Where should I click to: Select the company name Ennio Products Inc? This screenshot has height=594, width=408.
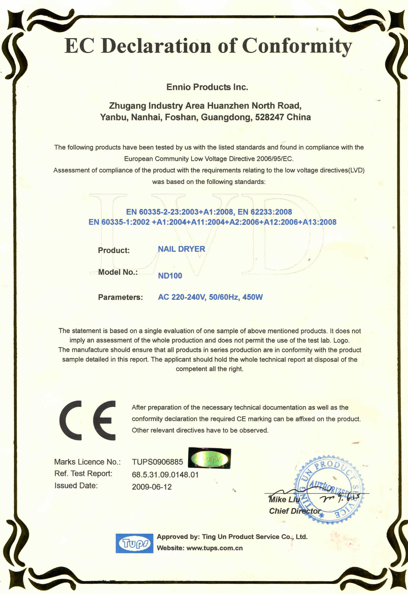[207, 87]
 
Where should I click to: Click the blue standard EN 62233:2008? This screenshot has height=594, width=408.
[265, 212]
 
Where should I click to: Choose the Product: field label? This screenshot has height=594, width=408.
[114, 250]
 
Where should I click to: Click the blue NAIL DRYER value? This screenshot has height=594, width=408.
[181, 249]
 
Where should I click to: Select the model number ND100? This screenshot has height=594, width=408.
[170, 276]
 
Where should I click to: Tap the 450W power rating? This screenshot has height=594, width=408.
[252, 297]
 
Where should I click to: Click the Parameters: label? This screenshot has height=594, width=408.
[120, 297]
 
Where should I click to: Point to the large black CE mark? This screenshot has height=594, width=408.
[88, 420]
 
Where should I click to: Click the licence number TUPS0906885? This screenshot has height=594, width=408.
[157, 462]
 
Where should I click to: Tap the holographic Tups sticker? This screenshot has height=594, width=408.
[209, 458]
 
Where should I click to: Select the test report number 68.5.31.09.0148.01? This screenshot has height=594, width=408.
[165, 475]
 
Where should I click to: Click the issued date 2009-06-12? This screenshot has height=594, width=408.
[152, 487]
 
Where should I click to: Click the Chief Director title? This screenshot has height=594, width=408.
[295, 511]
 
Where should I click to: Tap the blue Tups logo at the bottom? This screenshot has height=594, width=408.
[134, 543]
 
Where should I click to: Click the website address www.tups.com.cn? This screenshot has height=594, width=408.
[215, 548]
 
